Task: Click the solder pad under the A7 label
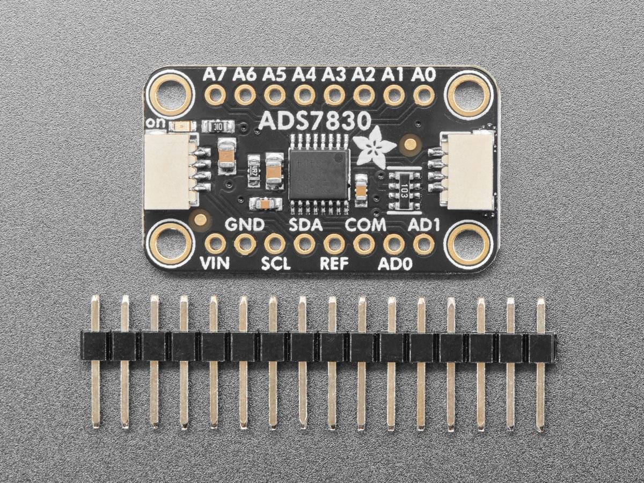point(215,96)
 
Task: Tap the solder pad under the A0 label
point(424,96)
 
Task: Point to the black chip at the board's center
point(319,174)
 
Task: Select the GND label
point(245,225)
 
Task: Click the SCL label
point(275,264)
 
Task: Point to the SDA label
point(305,225)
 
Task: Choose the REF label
point(334,264)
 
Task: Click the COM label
point(365,225)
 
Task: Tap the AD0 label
point(394,264)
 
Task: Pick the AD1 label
point(424,225)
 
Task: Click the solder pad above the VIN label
point(215,244)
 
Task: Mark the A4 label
point(304,76)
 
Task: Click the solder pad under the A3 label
point(334,96)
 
